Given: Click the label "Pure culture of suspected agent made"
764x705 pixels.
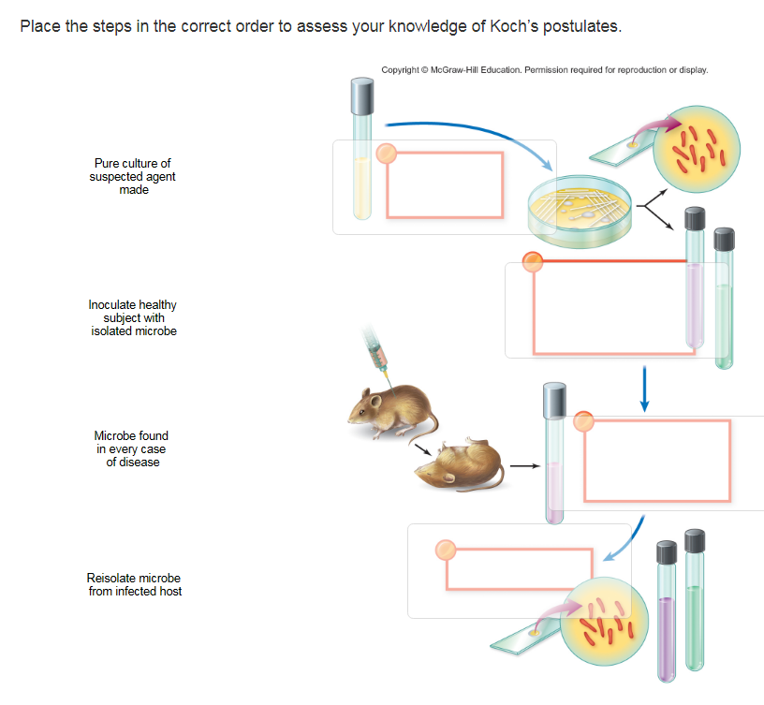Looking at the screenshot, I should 132,176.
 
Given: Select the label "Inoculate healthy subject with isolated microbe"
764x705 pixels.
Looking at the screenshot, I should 132,318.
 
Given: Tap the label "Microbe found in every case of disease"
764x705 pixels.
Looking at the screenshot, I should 132,448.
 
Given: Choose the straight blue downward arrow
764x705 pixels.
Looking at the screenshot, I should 644,389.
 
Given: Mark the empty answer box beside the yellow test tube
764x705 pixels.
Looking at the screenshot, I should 444,185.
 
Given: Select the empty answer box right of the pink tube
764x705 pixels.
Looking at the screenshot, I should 657,461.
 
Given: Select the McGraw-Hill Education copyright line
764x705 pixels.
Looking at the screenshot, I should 545,70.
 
